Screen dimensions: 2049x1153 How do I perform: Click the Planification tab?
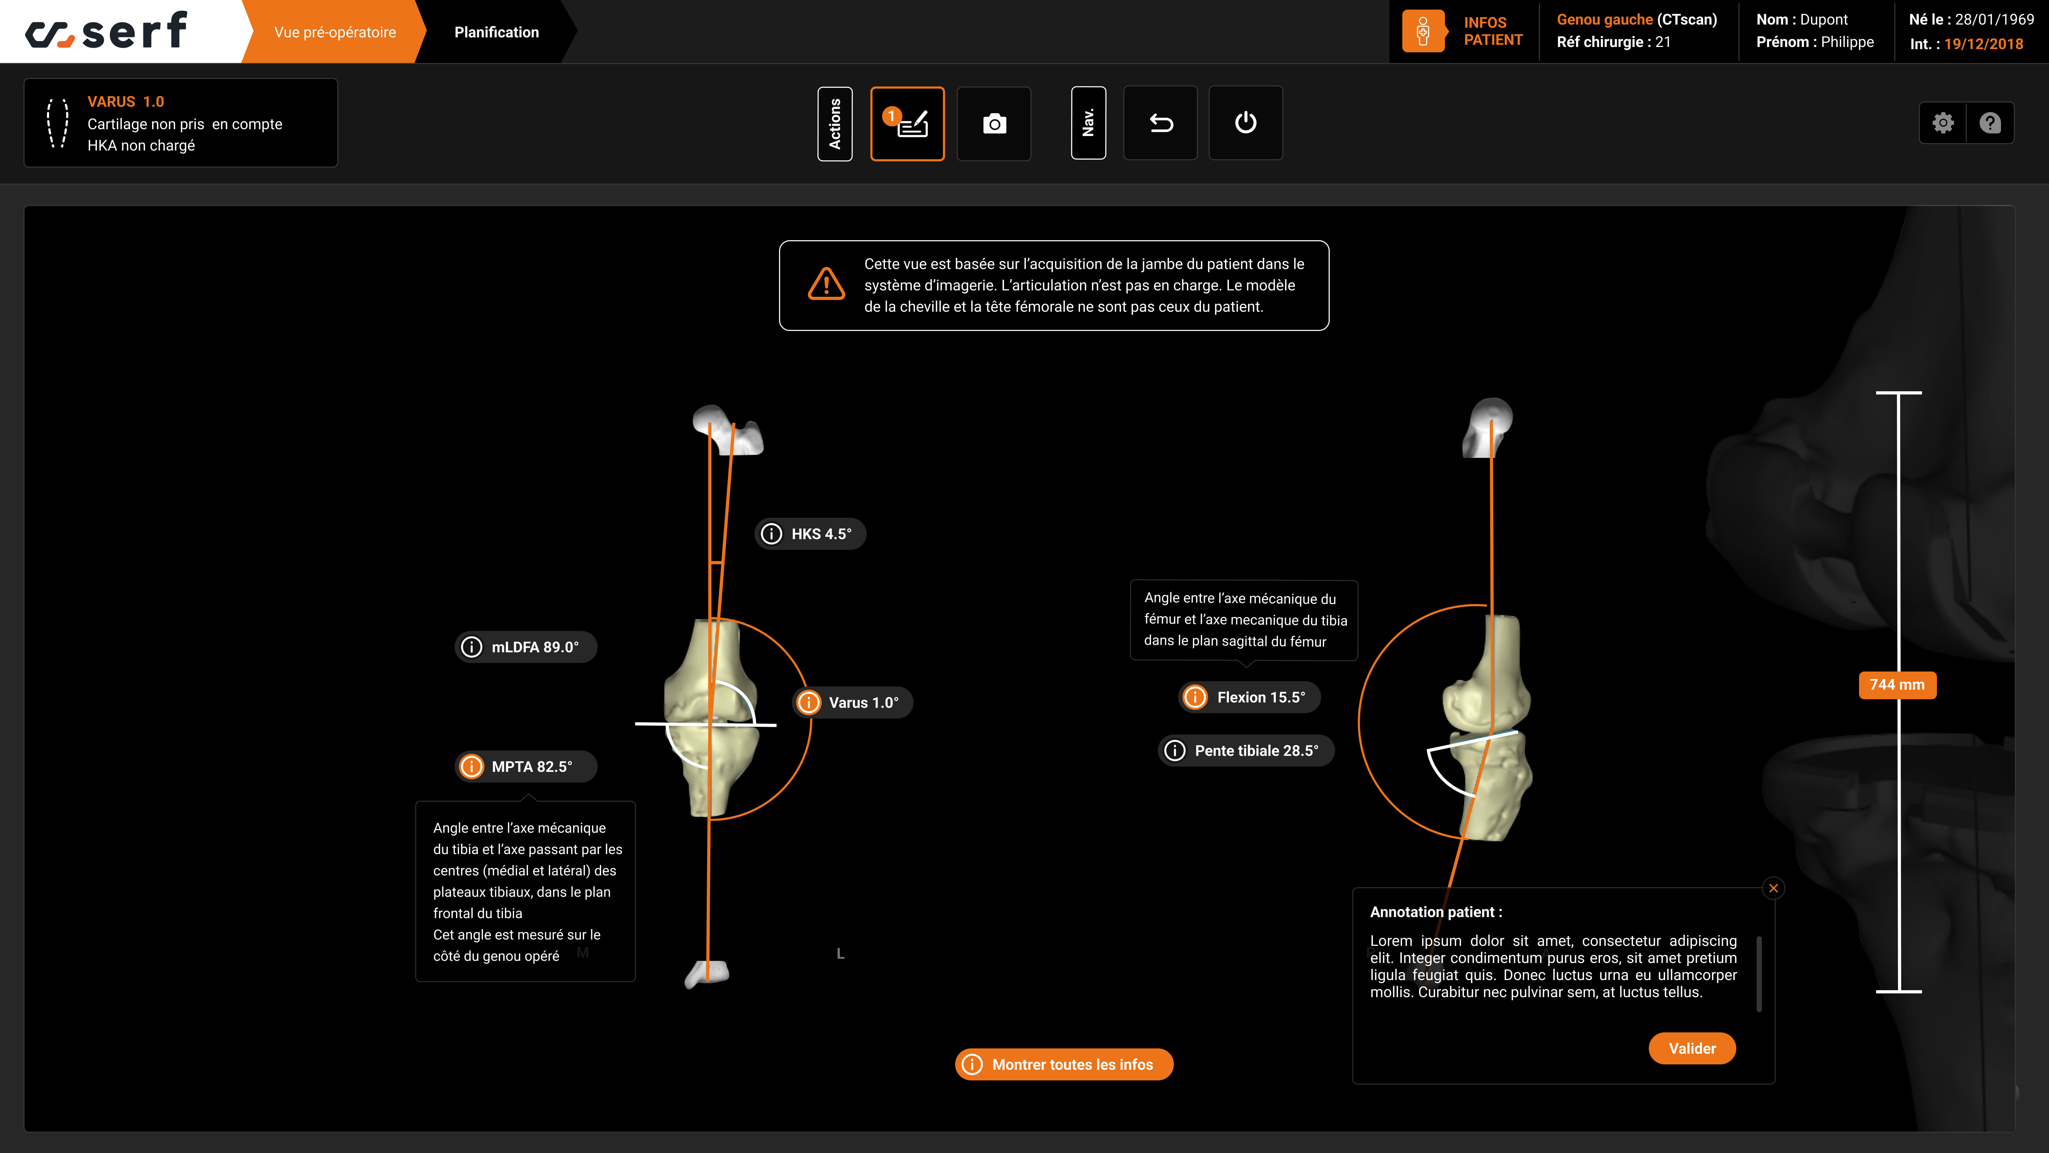click(496, 32)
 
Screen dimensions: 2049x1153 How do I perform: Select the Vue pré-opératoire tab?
click(335, 32)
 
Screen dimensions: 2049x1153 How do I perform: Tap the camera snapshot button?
click(994, 123)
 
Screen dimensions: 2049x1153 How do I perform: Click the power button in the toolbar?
click(1246, 123)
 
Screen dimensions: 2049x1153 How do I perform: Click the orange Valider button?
click(1692, 1048)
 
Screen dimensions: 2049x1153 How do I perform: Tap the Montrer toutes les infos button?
click(1064, 1064)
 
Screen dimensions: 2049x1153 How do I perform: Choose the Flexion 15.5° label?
click(1249, 697)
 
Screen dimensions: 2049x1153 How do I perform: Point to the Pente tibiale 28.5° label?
click(1246, 750)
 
